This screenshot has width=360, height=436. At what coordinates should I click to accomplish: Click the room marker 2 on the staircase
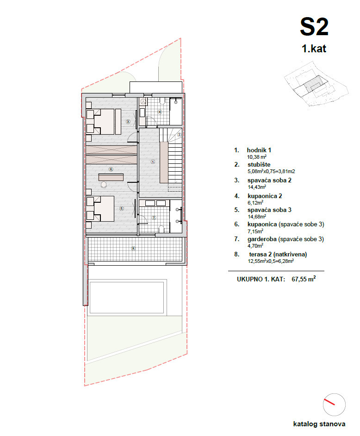click(179, 135)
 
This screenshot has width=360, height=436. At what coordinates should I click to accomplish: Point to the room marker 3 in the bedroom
click(127, 122)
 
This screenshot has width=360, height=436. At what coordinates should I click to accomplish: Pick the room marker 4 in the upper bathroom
click(160, 112)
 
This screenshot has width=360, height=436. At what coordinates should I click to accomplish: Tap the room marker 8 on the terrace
click(133, 249)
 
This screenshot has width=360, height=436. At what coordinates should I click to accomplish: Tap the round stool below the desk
click(104, 185)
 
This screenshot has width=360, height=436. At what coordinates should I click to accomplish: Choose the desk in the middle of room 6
click(111, 176)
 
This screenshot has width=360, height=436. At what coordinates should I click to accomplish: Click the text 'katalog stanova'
click(319, 424)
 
